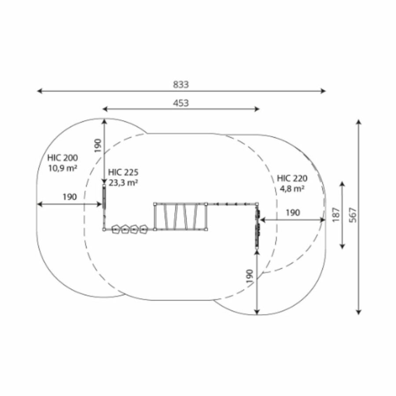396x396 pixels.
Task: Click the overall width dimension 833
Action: coord(181,84)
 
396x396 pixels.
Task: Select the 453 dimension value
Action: coord(181,103)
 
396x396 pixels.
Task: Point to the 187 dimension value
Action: coord(336,215)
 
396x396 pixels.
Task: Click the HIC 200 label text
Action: coord(62,158)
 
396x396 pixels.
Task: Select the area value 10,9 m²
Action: coord(62,168)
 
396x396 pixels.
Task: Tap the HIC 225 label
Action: coord(123,172)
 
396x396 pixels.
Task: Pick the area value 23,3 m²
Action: coord(123,183)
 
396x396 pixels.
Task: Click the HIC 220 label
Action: coord(292,178)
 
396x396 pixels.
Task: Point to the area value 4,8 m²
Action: coord(292,188)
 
